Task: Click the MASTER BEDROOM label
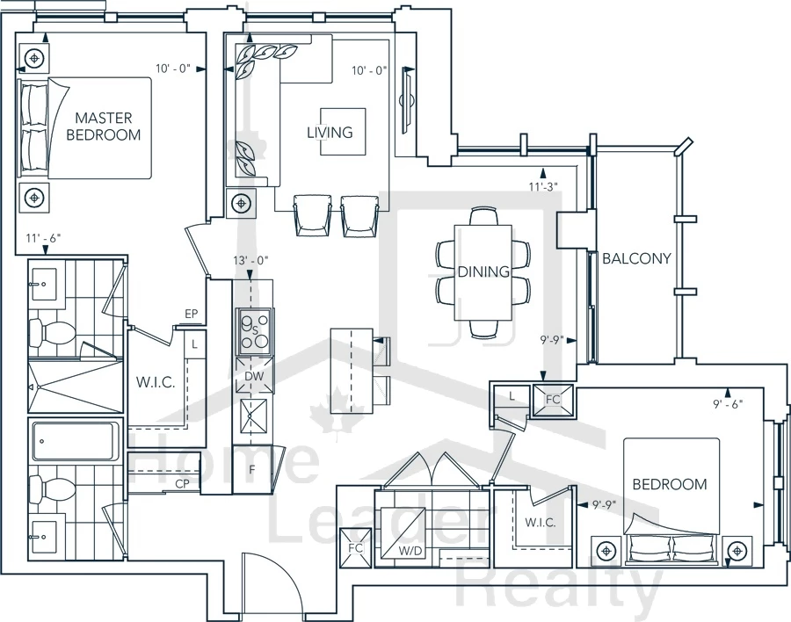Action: (104, 127)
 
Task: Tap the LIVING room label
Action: (330, 132)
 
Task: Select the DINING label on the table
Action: (483, 271)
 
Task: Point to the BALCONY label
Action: (636, 258)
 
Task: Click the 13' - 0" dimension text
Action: (250, 260)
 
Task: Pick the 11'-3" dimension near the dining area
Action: (543, 186)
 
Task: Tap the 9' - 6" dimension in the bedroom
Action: (728, 403)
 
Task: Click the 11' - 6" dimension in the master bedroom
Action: (43, 237)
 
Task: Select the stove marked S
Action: (255, 331)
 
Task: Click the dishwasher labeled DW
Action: (255, 376)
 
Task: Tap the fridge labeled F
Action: (252, 470)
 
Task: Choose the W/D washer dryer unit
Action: (403, 533)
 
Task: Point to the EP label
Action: (192, 314)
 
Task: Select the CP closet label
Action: (182, 484)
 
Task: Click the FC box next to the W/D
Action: (356, 548)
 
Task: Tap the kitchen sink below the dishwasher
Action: (254, 416)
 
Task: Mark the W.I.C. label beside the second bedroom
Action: (541, 522)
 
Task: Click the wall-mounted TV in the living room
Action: (407, 100)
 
